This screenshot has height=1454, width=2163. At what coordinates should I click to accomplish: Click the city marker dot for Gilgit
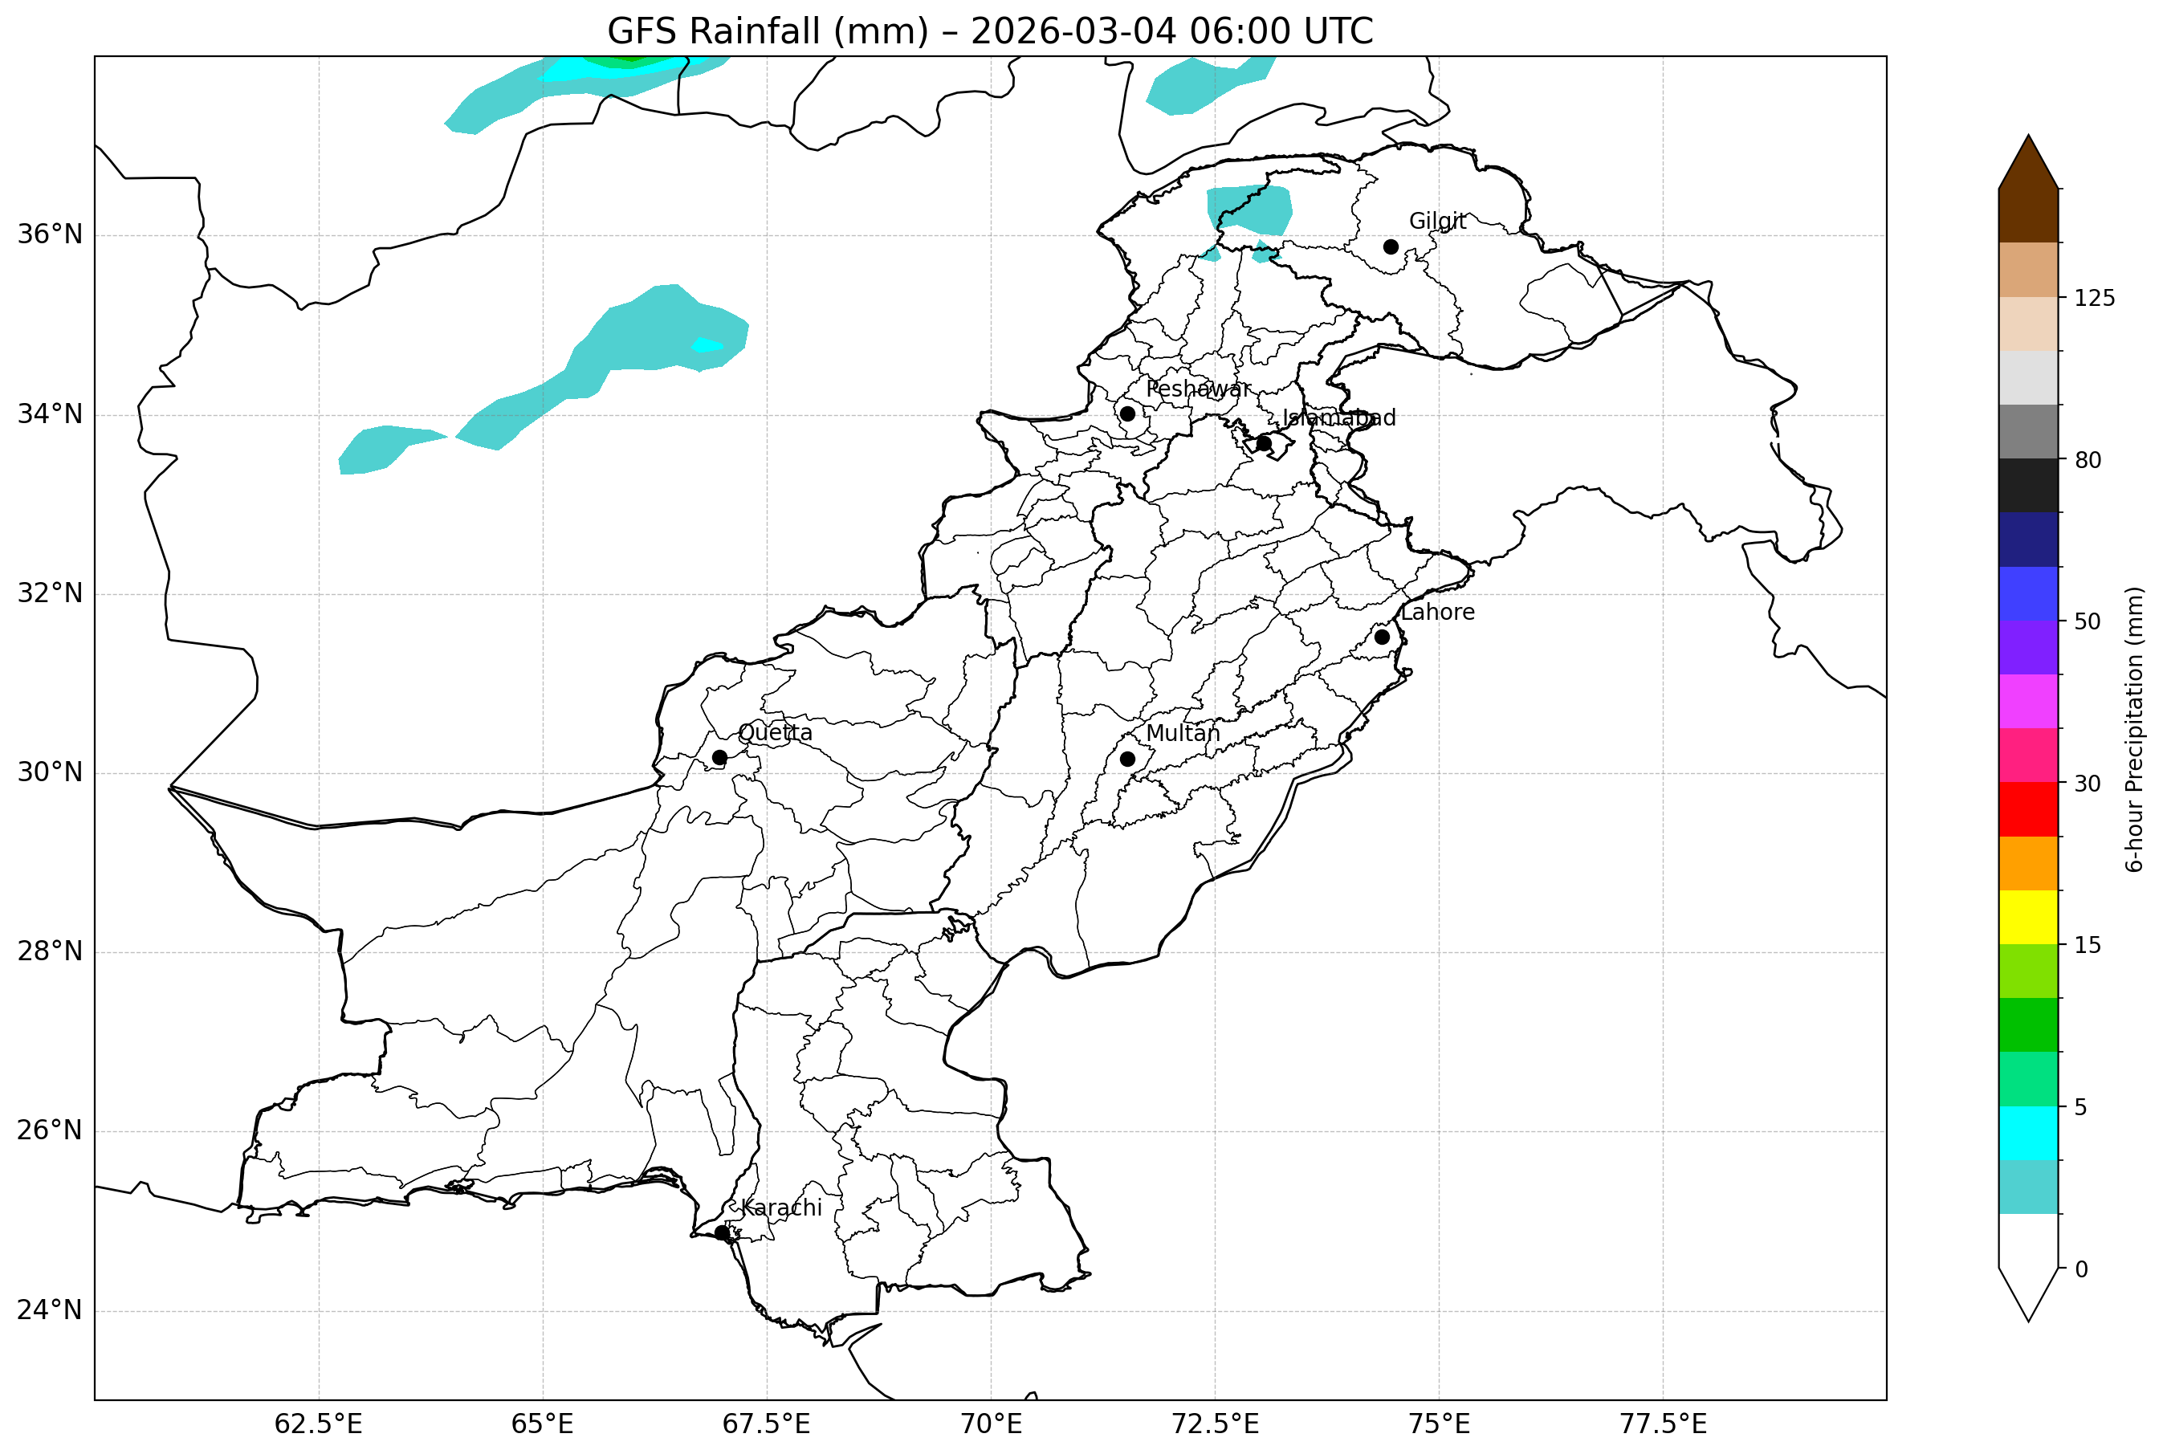tap(1390, 246)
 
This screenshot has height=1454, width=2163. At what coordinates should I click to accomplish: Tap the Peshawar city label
tap(1198, 389)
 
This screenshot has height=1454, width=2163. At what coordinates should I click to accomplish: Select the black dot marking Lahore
tap(1382, 637)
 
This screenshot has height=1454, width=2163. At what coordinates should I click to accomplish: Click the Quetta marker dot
tap(719, 758)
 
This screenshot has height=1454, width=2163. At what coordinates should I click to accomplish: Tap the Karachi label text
tap(780, 1208)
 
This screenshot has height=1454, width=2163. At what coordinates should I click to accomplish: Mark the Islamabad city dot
tap(1264, 443)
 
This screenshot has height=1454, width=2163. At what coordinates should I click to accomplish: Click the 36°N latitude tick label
tap(50, 234)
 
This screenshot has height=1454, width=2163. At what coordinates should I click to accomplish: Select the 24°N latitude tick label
tap(50, 1310)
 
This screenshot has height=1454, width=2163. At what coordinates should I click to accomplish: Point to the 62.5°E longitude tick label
tap(318, 1424)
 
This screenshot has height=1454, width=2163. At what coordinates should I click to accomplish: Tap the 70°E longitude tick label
tap(990, 1424)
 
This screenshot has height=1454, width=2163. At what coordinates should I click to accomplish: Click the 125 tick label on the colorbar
tap(2095, 299)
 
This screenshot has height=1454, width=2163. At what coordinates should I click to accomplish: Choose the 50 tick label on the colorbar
tap(2087, 622)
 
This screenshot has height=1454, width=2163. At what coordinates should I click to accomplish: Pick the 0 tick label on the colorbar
tap(2081, 1269)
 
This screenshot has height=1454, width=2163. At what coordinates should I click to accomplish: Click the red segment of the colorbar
tap(2029, 809)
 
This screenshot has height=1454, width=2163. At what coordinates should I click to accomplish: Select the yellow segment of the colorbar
tap(2029, 917)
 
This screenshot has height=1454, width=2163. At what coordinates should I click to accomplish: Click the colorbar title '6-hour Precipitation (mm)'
tap(2135, 729)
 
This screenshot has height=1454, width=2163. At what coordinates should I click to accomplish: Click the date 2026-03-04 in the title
tap(1073, 31)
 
